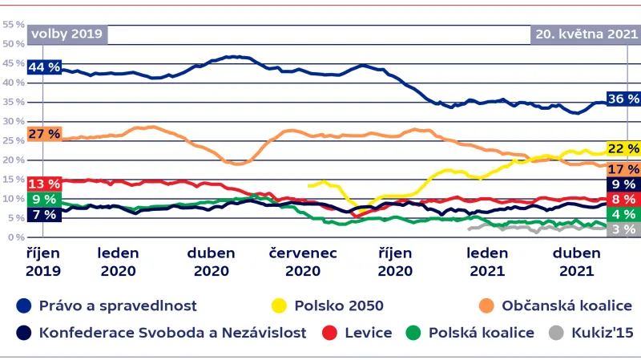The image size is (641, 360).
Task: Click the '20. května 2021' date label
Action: pos(585,34)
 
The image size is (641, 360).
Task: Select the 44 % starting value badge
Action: pos(45,67)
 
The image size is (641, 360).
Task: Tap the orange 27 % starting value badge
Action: pos(45,133)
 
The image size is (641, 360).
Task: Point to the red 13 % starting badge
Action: pos(45,184)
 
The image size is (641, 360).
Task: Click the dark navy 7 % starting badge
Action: pos(45,214)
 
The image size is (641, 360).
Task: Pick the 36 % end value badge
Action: pos(623,99)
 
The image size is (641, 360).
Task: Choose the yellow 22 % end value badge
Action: pos(623,149)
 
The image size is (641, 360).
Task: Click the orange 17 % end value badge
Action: pos(623,168)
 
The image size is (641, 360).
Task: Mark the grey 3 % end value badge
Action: pos(623,229)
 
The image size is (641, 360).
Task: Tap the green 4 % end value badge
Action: pos(623,214)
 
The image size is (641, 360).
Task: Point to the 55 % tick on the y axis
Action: pos(13,25)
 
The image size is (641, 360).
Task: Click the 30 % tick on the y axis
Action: pos(13,122)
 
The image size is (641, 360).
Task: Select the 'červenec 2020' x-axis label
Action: pos(303,262)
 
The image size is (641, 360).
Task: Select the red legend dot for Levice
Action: pos(327,332)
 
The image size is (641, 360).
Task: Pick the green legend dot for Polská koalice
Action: pos(413,332)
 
